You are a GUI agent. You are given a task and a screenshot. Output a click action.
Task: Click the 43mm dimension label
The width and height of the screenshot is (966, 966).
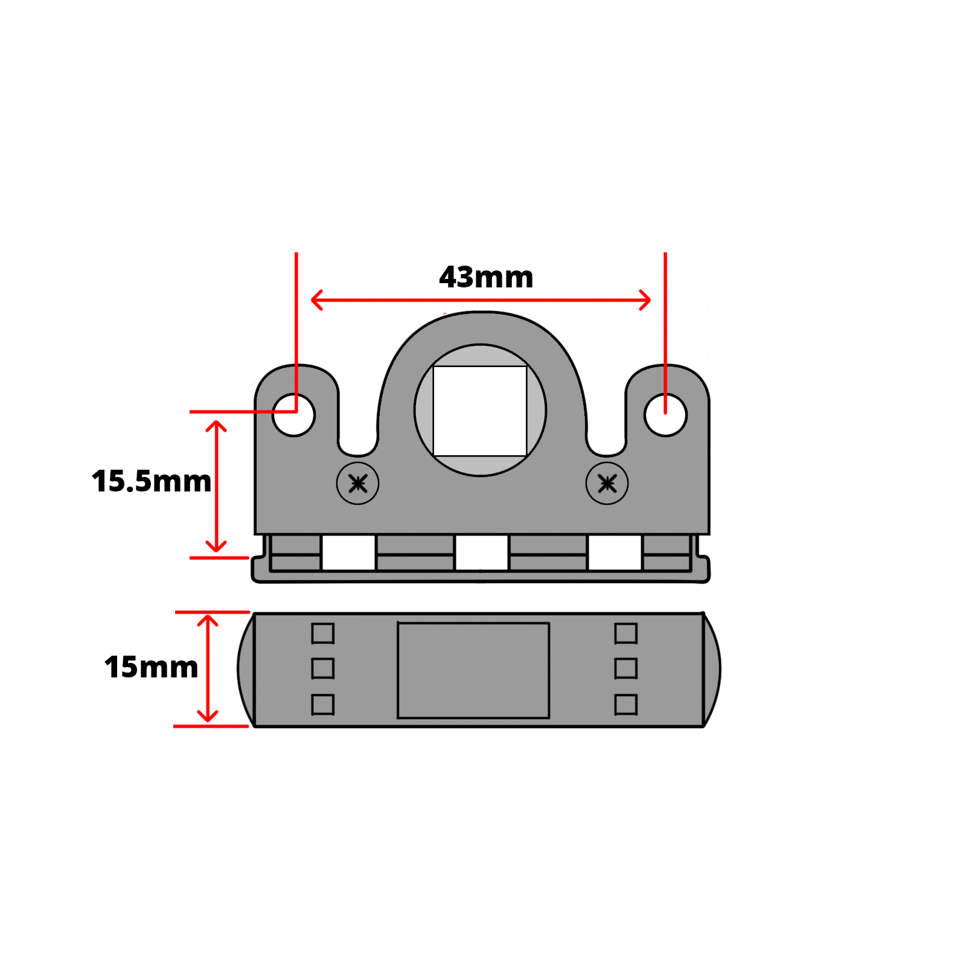[486, 278]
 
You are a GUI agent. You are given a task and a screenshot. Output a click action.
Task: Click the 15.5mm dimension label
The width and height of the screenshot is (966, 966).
[152, 481]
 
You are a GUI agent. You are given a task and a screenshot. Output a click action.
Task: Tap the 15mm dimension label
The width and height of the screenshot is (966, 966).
[151, 667]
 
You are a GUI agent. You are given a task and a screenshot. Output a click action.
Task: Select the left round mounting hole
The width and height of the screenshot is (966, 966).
[294, 415]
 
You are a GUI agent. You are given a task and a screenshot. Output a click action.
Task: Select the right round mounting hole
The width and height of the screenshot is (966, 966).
[665, 415]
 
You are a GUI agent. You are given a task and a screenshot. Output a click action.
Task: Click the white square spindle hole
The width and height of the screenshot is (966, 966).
[480, 411]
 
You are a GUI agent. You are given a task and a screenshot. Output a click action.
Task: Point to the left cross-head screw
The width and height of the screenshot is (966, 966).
[358, 484]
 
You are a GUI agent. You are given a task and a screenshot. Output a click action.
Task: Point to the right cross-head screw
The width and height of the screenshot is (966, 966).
[607, 484]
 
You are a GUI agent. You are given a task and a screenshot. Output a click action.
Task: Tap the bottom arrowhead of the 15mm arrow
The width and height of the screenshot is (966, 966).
[208, 718]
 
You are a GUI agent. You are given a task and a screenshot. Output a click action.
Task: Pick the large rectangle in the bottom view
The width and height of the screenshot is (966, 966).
[473, 670]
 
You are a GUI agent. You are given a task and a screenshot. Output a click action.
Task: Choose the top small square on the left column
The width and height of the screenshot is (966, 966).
[323, 633]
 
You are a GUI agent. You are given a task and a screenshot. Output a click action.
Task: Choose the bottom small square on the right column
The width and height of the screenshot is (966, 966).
[626, 705]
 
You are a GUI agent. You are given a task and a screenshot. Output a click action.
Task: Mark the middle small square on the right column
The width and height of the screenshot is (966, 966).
[626, 668]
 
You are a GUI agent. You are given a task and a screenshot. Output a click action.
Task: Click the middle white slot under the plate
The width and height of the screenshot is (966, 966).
[481, 552]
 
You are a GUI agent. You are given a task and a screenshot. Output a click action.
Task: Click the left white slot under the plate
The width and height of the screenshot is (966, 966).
[348, 552]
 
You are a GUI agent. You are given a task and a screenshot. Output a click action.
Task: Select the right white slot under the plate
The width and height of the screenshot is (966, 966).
[615, 552]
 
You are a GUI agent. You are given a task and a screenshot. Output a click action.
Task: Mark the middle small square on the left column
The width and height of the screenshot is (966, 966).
[323, 668]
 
